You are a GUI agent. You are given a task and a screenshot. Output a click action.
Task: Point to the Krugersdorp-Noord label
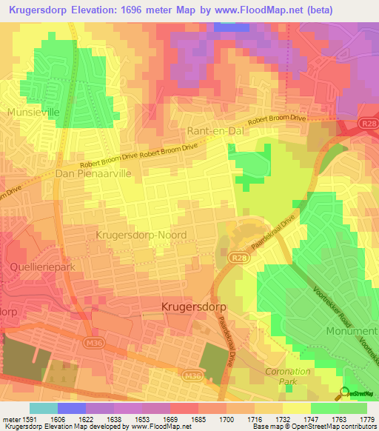141,235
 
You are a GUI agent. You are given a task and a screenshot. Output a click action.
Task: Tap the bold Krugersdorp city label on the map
194,305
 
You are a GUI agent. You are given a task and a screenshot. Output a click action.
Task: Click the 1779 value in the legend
366,419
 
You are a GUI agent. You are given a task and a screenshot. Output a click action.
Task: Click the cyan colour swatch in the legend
43,408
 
